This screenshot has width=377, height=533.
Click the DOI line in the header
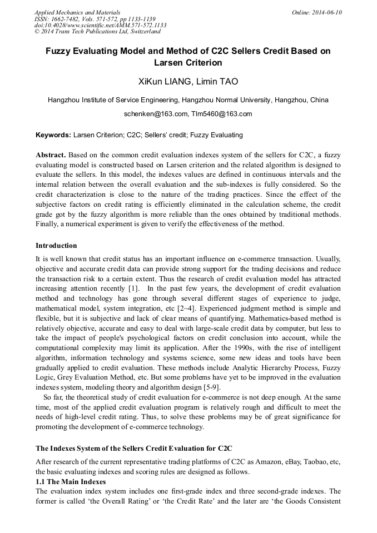100,26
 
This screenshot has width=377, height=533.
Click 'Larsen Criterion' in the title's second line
188,62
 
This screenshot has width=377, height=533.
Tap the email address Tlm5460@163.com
221,114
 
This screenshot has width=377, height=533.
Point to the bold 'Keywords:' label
53,135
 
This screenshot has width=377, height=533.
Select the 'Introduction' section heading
56,245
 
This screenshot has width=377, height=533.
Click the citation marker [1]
133,288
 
